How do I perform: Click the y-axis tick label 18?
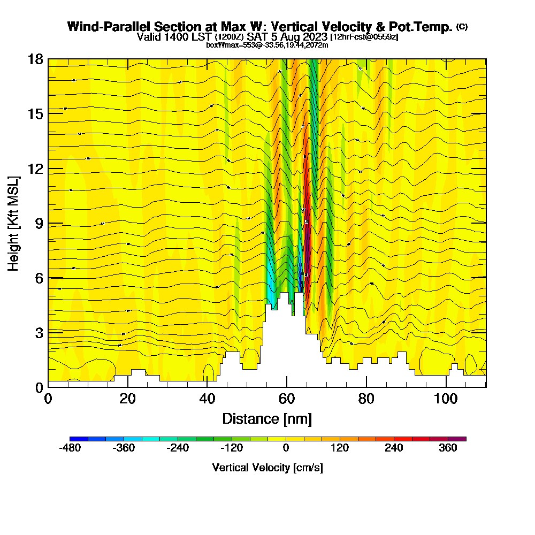(x=35, y=59)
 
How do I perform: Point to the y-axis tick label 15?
(x=35, y=113)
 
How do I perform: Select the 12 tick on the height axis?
(x=35, y=169)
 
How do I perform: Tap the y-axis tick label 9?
(x=39, y=223)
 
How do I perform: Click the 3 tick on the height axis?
(x=39, y=332)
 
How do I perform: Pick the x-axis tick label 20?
(x=127, y=399)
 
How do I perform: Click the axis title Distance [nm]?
(x=267, y=418)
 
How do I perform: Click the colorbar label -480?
(x=70, y=448)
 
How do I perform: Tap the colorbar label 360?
(x=448, y=448)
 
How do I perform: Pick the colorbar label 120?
(x=340, y=448)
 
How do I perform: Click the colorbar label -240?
(x=178, y=448)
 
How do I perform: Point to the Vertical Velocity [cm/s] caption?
(x=267, y=468)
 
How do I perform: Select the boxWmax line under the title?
(x=267, y=45)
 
